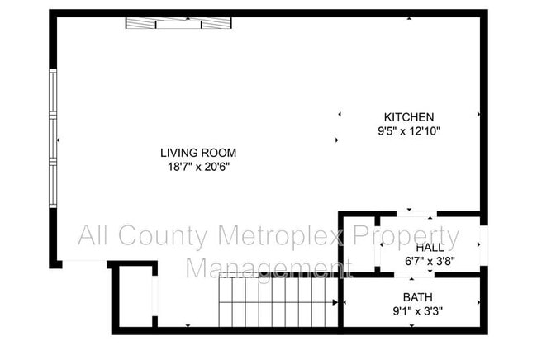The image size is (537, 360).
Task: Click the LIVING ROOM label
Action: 198,153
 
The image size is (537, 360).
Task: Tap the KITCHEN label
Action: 408,117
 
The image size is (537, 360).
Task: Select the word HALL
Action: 430,248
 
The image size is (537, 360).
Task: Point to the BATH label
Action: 417,298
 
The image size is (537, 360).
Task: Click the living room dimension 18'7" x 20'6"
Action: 198,166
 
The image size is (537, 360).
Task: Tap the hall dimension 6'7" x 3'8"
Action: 430,261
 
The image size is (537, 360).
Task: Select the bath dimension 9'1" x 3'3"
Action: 417,311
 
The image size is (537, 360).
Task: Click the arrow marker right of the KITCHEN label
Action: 478,115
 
